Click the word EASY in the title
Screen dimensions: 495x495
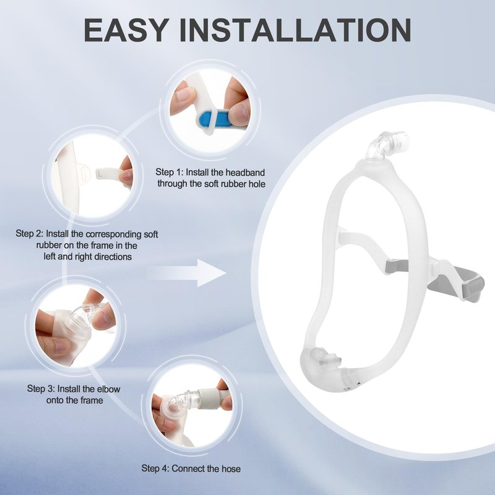click(x=126, y=30)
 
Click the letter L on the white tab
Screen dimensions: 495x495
click(x=100, y=173)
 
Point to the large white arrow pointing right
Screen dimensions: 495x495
click(x=187, y=273)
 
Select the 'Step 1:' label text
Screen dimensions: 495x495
click(x=169, y=173)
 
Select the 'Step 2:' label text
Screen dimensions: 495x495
click(x=30, y=234)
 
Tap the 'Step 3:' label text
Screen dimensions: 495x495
click(x=41, y=389)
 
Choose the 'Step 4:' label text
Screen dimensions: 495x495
click(x=155, y=468)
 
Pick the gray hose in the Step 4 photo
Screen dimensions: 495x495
click(x=215, y=398)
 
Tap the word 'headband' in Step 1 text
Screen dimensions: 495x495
click(x=245, y=173)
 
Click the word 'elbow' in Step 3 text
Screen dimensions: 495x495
click(x=106, y=389)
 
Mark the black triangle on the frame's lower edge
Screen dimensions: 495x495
click(x=358, y=384)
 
